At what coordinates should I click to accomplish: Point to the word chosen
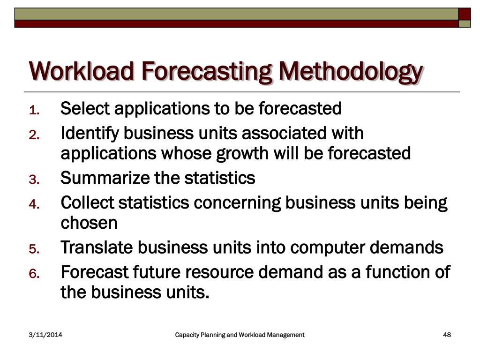[89, 223]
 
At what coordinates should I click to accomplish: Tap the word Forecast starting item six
[94, 272]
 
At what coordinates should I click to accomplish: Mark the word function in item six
[392, 272]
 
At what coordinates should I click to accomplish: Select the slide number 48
[447, 335]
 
